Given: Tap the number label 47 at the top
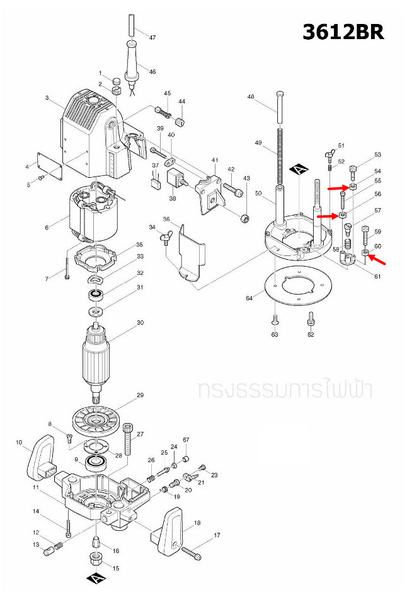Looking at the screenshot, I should pos(152,38).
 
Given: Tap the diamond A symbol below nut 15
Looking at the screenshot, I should pos(94,578).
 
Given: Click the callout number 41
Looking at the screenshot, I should pos(214,160).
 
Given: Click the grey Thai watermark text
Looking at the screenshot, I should pos(284,389).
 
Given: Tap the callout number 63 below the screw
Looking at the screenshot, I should pos(275,334).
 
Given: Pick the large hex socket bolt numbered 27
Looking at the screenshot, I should pos(129,439).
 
